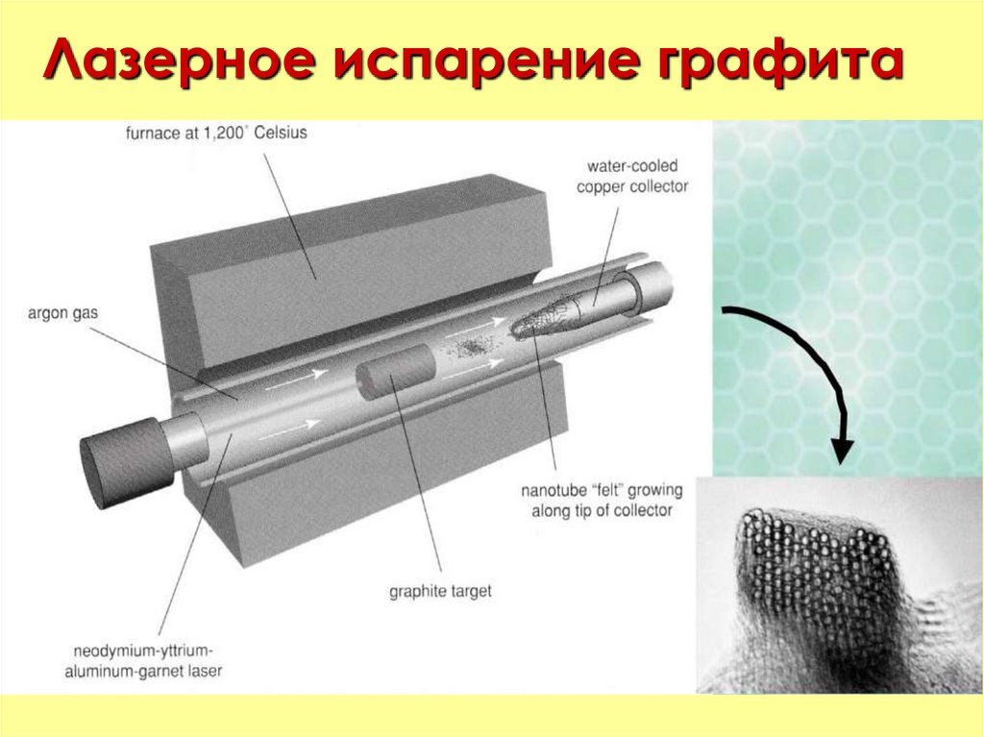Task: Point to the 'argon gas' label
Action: [x=62, y=313]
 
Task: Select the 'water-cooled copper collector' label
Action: [x=632, y=177]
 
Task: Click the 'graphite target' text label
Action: [x=440, y=591]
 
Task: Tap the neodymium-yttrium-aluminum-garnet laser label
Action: [x=144, y=660]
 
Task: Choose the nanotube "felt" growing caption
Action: [x=602, y=501]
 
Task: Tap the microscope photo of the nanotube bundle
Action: [x=839, y=585]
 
